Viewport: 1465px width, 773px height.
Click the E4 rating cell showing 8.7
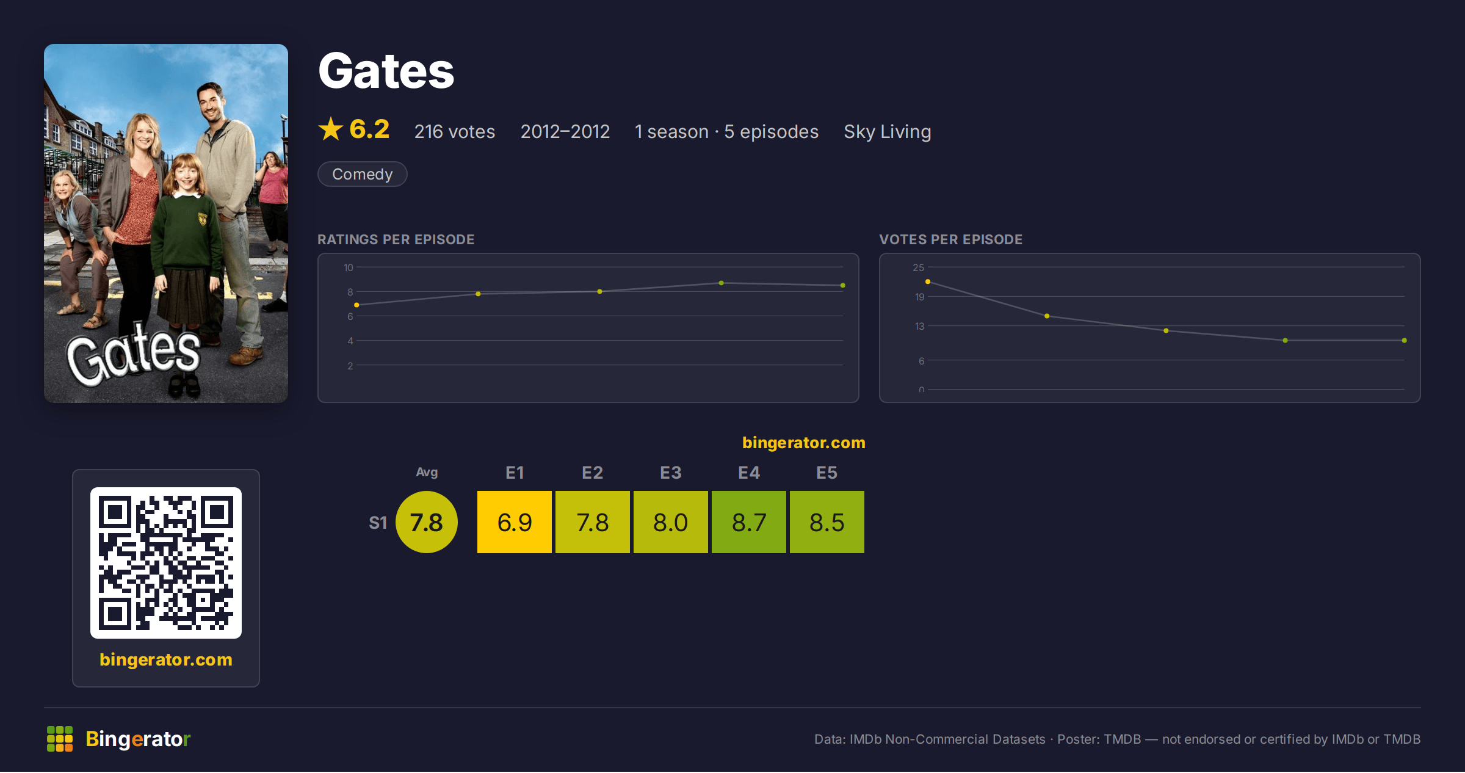(x=749, y=522)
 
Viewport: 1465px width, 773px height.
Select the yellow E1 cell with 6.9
(x=515, y=522)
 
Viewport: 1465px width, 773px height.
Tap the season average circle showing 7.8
(x=427, y=522)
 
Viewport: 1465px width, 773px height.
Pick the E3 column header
(x=671, y=473)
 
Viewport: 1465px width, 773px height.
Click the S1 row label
(x=378, y=523)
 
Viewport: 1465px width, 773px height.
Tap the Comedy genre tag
(x=363, y=174)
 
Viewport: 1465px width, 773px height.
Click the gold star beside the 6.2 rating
(x=331, y=129)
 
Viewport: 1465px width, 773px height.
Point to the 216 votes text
(x=455, y=131)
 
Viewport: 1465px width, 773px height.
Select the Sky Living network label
(x=888, y=131)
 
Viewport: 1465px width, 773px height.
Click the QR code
(x=166, y=562)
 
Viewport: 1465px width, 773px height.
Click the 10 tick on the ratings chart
(x=349, y=267)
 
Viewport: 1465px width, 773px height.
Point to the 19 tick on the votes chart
(x=920, y=297)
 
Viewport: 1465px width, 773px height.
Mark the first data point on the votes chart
(x=928, y=281)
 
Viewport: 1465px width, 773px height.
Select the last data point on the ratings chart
(x=843, y=285)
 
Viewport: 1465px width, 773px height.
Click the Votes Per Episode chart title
(x=951, y=239)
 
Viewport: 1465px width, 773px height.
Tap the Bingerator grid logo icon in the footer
(x=60, y=739)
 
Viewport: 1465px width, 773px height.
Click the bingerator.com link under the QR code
(x=166, y=659)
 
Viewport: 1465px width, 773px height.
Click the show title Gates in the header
(x=386, y=71)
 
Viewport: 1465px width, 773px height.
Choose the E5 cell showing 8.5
(x=827, y=522)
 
